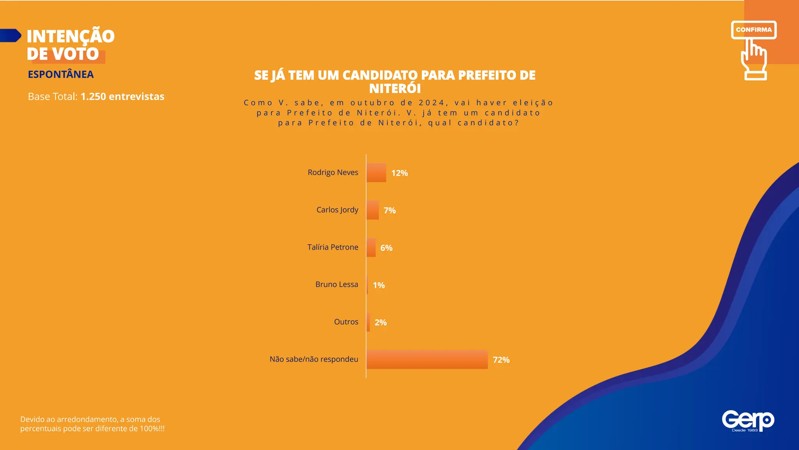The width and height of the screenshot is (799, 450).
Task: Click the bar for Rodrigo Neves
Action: tap(376, 173)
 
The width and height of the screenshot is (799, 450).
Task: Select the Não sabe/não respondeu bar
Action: tap(427, 359)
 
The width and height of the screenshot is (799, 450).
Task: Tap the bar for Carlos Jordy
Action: tap(373, 210)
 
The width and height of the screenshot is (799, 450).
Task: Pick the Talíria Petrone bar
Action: tap(371, 248)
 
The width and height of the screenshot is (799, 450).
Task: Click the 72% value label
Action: tap(501, 360)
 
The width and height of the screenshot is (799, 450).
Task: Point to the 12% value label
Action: tap(399, 173)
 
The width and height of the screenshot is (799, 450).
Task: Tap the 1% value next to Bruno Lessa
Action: tap(379, 285)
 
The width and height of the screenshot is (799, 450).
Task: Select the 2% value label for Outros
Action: tap(380, 323)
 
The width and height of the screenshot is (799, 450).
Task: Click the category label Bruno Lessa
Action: tap(336, 284)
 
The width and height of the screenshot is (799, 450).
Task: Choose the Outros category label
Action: tap(346, 322)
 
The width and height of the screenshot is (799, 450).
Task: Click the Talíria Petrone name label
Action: tap(332, 247)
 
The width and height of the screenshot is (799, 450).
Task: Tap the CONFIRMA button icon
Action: tap(753, 30)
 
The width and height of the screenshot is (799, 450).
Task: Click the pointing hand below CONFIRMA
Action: tap(754, 61)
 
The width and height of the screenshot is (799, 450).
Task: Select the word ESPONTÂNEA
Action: tap(60, 74)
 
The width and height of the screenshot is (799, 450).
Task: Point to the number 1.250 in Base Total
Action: tap(93, 96)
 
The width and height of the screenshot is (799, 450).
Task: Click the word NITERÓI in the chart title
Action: tap(395, 89)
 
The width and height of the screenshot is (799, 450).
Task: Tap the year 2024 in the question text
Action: tap(431, 103)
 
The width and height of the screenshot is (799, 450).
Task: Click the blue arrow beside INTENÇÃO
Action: tap(11, 35)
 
